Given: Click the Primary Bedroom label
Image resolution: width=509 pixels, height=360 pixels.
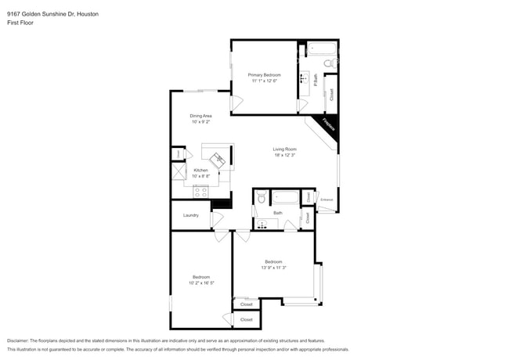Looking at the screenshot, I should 265,74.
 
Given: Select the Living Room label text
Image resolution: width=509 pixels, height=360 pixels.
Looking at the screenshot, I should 284,149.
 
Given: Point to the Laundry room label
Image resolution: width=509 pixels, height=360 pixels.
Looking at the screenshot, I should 190,215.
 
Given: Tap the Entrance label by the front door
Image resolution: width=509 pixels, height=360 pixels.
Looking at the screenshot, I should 327,200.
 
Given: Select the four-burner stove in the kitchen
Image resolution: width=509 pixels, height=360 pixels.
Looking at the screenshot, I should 200,190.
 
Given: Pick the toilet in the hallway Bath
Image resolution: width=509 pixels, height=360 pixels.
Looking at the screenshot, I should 262,197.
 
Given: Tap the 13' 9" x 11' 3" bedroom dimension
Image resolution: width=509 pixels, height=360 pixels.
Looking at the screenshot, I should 273,267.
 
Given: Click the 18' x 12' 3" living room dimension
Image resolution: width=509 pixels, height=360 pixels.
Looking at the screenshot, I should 284,155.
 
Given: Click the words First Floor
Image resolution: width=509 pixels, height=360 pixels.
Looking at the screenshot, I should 20,23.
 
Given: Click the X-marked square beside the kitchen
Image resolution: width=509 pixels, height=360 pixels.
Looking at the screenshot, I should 178,173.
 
